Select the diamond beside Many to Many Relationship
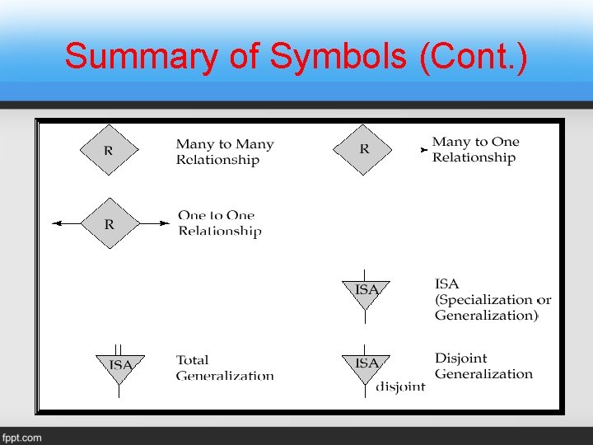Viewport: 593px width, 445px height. pyautogui.click(x=109, y=151)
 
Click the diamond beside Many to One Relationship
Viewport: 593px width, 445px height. pyautogui.click(x=364, y=150)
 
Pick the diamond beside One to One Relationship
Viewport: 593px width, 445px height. pyautogui.click(x=109, y=223)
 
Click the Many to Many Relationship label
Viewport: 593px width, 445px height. pyautogui.click(x=224, y=152)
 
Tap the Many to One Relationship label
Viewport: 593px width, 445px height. pyautogui.click(x=475, y=150)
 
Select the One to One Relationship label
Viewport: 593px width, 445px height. pyautogui.click(x=219, y=223)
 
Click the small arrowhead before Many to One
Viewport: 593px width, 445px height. pyautogui.click(x=423, y=150)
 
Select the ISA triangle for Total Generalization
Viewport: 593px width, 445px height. pyautogui.click(x=120, y=368)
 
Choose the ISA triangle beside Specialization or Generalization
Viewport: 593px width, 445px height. pyautogui.click(x=367, y=293)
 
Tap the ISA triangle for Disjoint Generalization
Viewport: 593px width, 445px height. pyautogui.click(x=367, y=366)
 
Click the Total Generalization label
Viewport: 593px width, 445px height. pyautogui.click(x=224, y=368)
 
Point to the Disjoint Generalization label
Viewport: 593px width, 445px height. pyautogui.click(x=483, y=366)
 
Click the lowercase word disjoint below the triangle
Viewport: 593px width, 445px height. pyautogui.click(x=401, y=386)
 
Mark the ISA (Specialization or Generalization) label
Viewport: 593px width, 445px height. pyautogui.click(x=493, y=299)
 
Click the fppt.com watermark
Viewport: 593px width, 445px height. pyautogui.click(x=22, y=437)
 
